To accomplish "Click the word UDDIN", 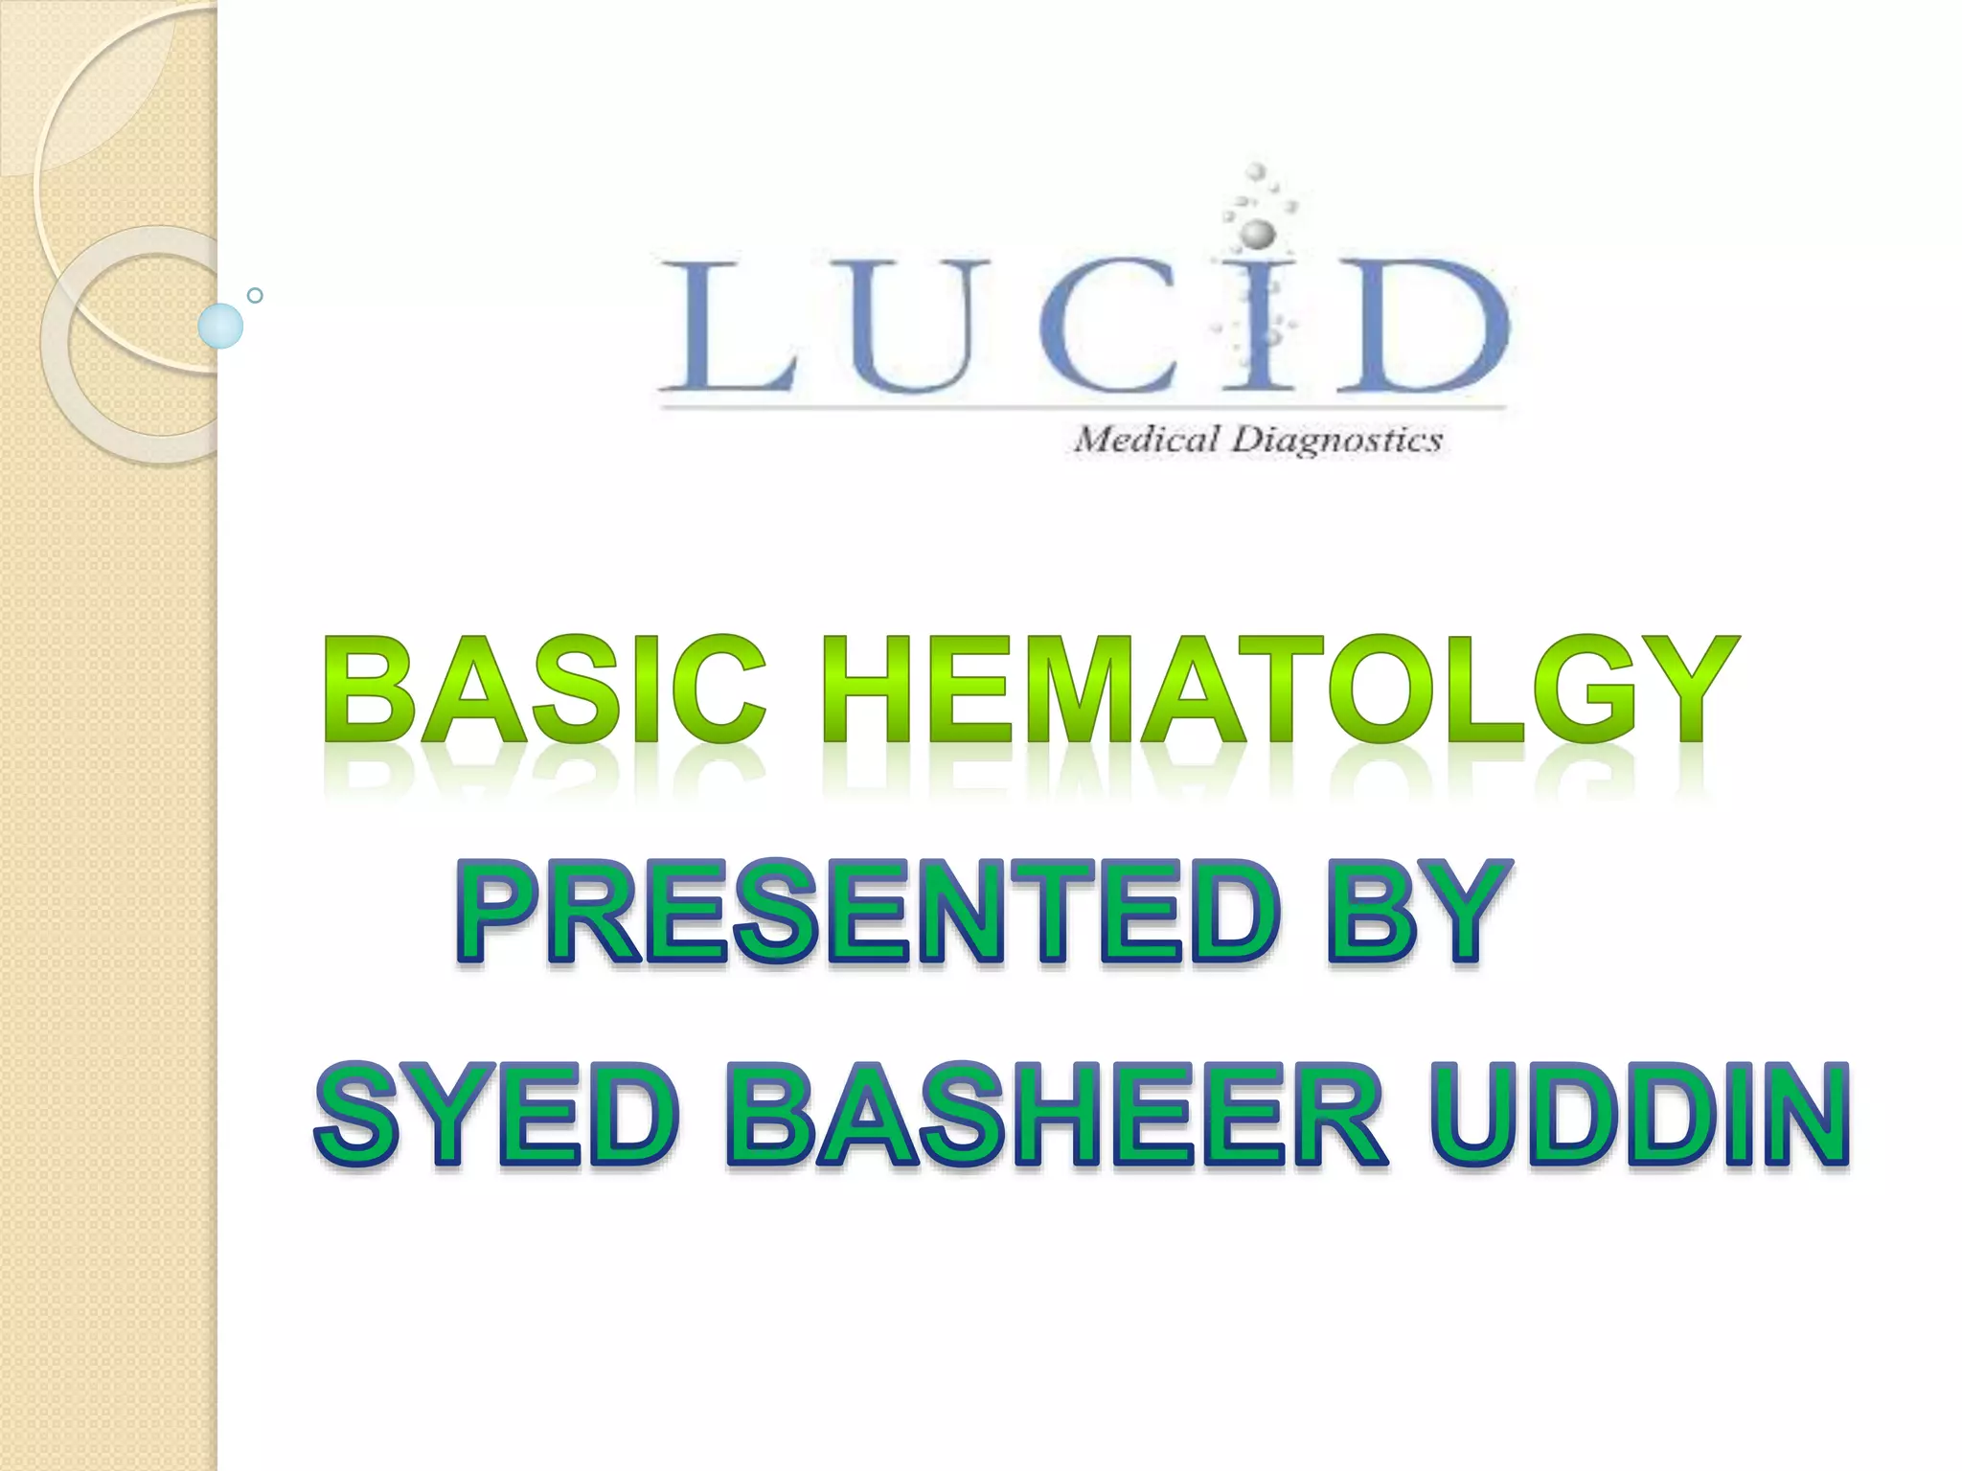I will click(x=1638, y=1116).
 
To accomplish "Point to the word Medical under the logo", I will click(x=1144, y=441).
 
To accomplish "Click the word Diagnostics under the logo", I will click(x=1337, y=441).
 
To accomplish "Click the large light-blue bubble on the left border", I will click(x=220, y=326).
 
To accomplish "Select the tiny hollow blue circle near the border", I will click(x=255, y=295).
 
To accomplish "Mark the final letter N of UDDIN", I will click(x=1801, y=1116).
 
